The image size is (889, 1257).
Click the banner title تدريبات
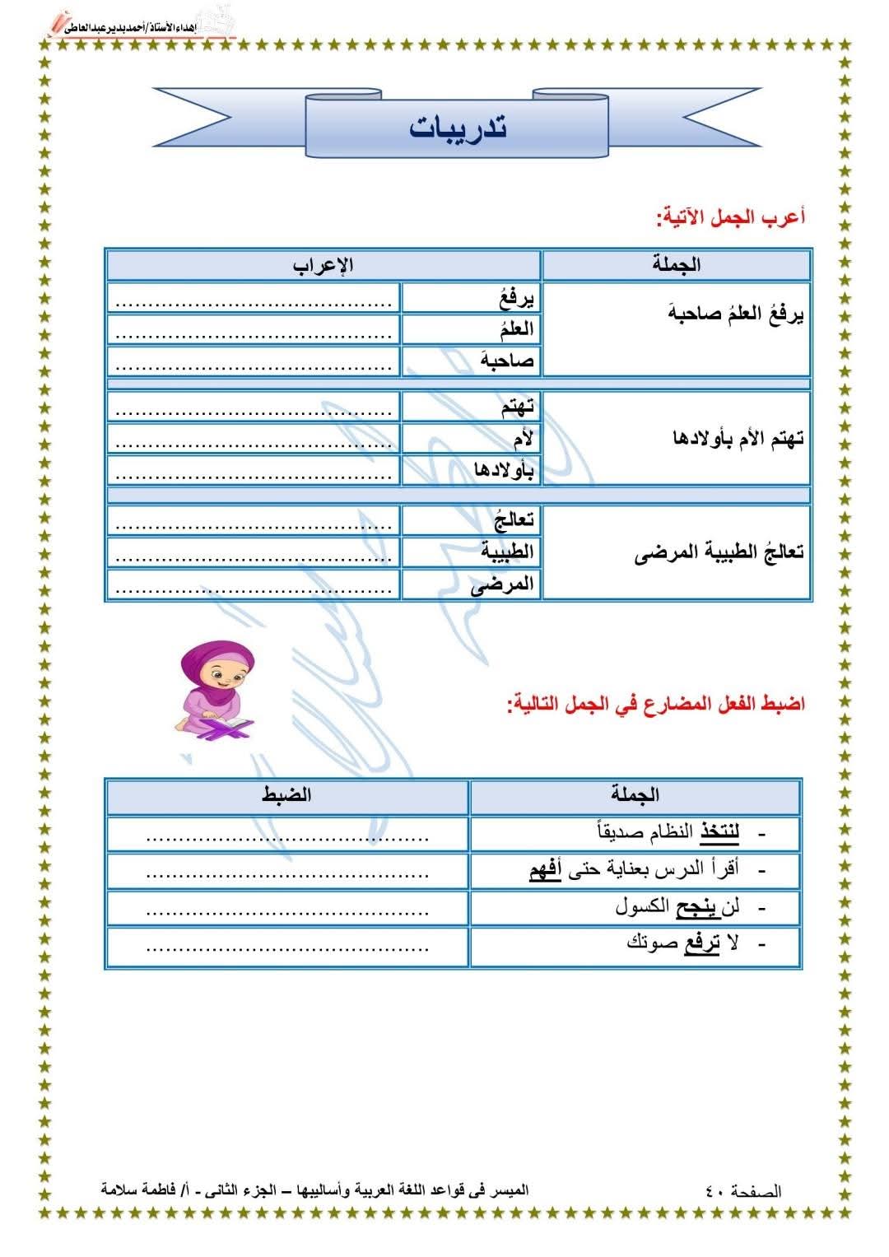(x=458, y=128)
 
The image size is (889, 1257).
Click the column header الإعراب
(x=323, y=265)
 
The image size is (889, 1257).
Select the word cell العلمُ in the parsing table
(x=516, y=329)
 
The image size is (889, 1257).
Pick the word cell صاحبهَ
(x=509, y=361)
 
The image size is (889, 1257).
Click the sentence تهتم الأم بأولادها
(x=738, y=439)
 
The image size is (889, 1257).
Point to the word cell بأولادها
(x=504, y=470)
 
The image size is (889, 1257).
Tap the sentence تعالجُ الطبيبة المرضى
(x=719, y=552)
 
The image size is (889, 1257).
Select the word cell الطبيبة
(x=507, y=552)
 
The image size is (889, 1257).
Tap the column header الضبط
(x=286, y=795)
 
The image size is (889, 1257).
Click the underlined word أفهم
(x=545, y=869)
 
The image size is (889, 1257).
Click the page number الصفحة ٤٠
(x=743, y=1191)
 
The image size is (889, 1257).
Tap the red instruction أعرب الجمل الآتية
(x=730, y=217)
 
